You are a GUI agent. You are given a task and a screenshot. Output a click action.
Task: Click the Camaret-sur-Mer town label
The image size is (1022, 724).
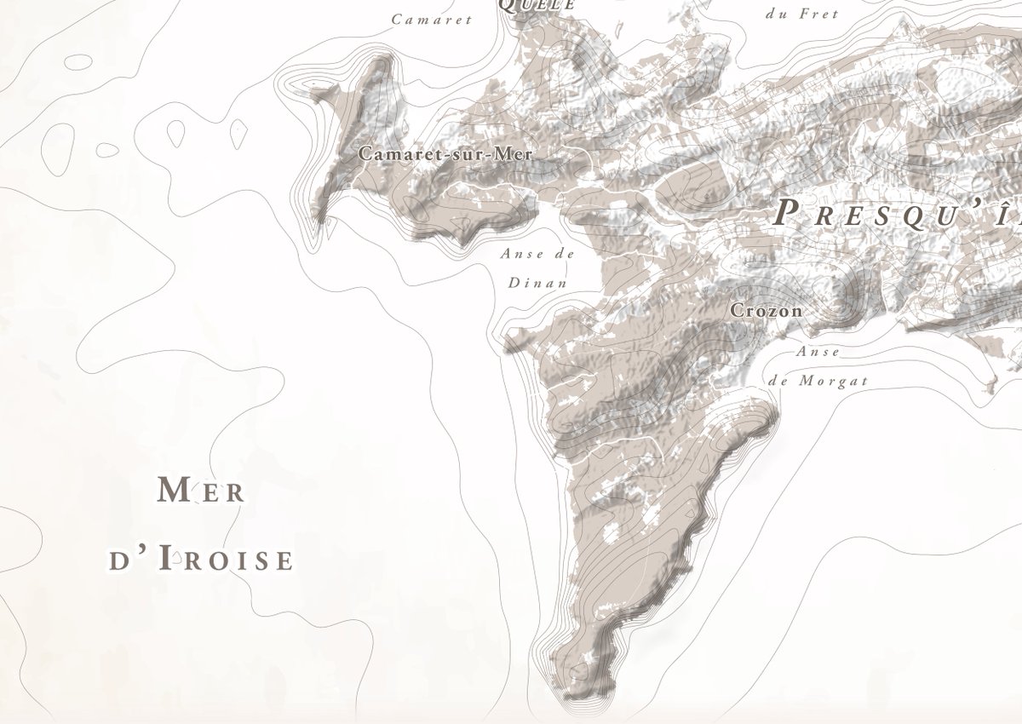pyautogui.click(x=445, y=154)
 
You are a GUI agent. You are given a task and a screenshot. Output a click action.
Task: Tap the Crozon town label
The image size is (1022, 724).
pyautogui.click(x=766, y=311)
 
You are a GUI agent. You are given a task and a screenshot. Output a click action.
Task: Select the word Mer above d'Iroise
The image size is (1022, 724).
pyautogui.click(x=202, y=491)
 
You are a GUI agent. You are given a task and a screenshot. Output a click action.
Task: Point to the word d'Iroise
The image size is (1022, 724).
pyautogui.click(x=202, y=560)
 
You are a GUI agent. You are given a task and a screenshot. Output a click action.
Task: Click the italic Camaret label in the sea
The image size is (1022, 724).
pyautogui.click(x=431, y=20)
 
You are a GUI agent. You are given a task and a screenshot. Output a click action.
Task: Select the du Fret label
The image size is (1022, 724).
pyautogui.click(x=802, y=14)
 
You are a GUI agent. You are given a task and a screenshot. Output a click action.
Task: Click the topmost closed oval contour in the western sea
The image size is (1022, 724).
pyautogui.click(x=78, y=62)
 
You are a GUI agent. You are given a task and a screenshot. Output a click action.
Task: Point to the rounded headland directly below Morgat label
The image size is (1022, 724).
pyautogui.click(x=762, y=415)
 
